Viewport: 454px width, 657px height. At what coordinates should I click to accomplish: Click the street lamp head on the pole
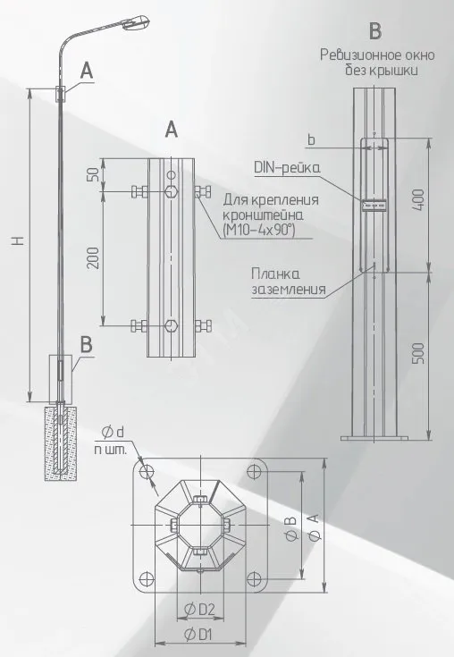click(136, 22)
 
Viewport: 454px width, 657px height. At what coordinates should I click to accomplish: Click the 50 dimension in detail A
click(94, 174)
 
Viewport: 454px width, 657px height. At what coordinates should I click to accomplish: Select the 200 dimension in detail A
click(94, 258)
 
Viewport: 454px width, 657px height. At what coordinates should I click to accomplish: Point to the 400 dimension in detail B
click(418, 200)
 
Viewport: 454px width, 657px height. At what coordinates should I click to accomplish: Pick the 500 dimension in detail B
click(418, 353)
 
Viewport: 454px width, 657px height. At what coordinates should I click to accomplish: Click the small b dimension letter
click(311, 139)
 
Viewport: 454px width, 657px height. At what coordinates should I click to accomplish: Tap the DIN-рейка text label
click(287, 168)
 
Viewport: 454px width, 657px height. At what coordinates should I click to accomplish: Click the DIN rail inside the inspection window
click(374, 205)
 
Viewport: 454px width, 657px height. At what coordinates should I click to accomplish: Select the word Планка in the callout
click(275, 274)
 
